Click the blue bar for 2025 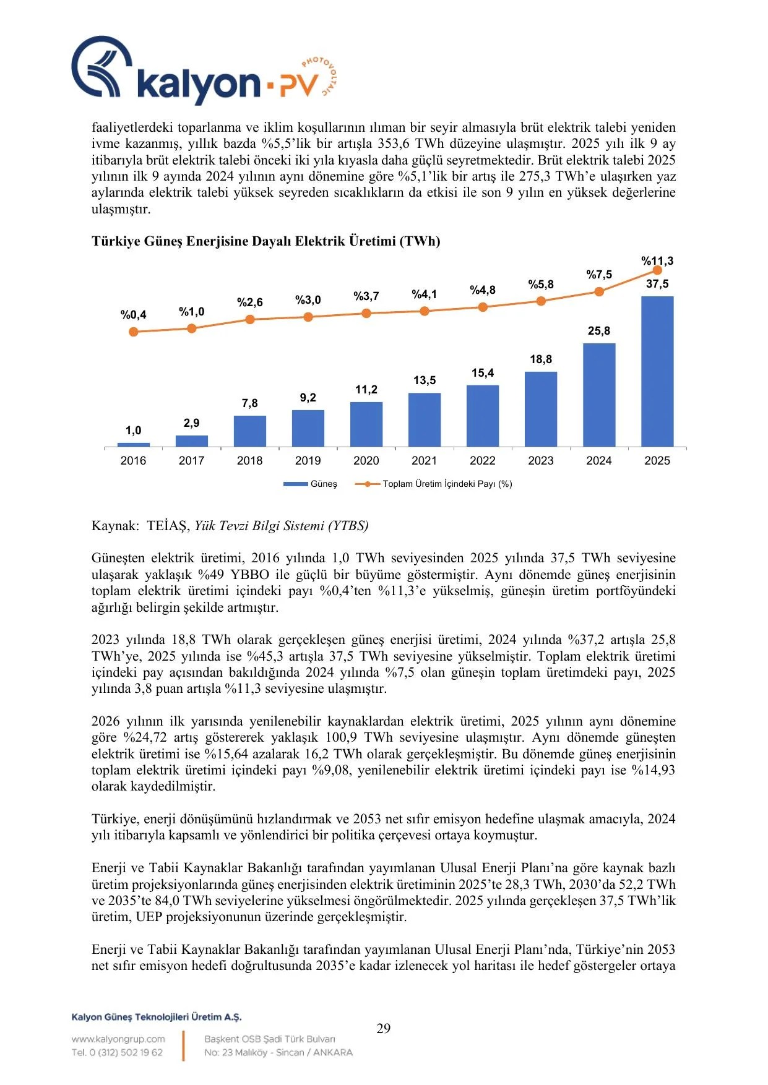coord(657,371)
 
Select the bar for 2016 coord(134,445)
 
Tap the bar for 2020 coord(366,424)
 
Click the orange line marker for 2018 coord(250,319)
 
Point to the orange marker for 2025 coord(657,270)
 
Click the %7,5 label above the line coord(599,275)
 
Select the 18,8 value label coord(541,359)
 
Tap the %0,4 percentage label coord(134,315)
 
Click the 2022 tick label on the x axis coord(483,461)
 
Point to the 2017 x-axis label coord(192,461)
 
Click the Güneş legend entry coord(311,484)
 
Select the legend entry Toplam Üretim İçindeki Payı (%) coord(433,484)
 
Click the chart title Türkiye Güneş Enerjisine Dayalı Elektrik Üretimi coord(266,241)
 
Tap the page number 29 coord(384,1028)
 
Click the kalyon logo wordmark coord(198,84)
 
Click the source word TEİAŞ coord(166,526)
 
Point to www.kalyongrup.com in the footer coord(118,1039)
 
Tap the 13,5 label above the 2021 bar coord(425,380)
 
